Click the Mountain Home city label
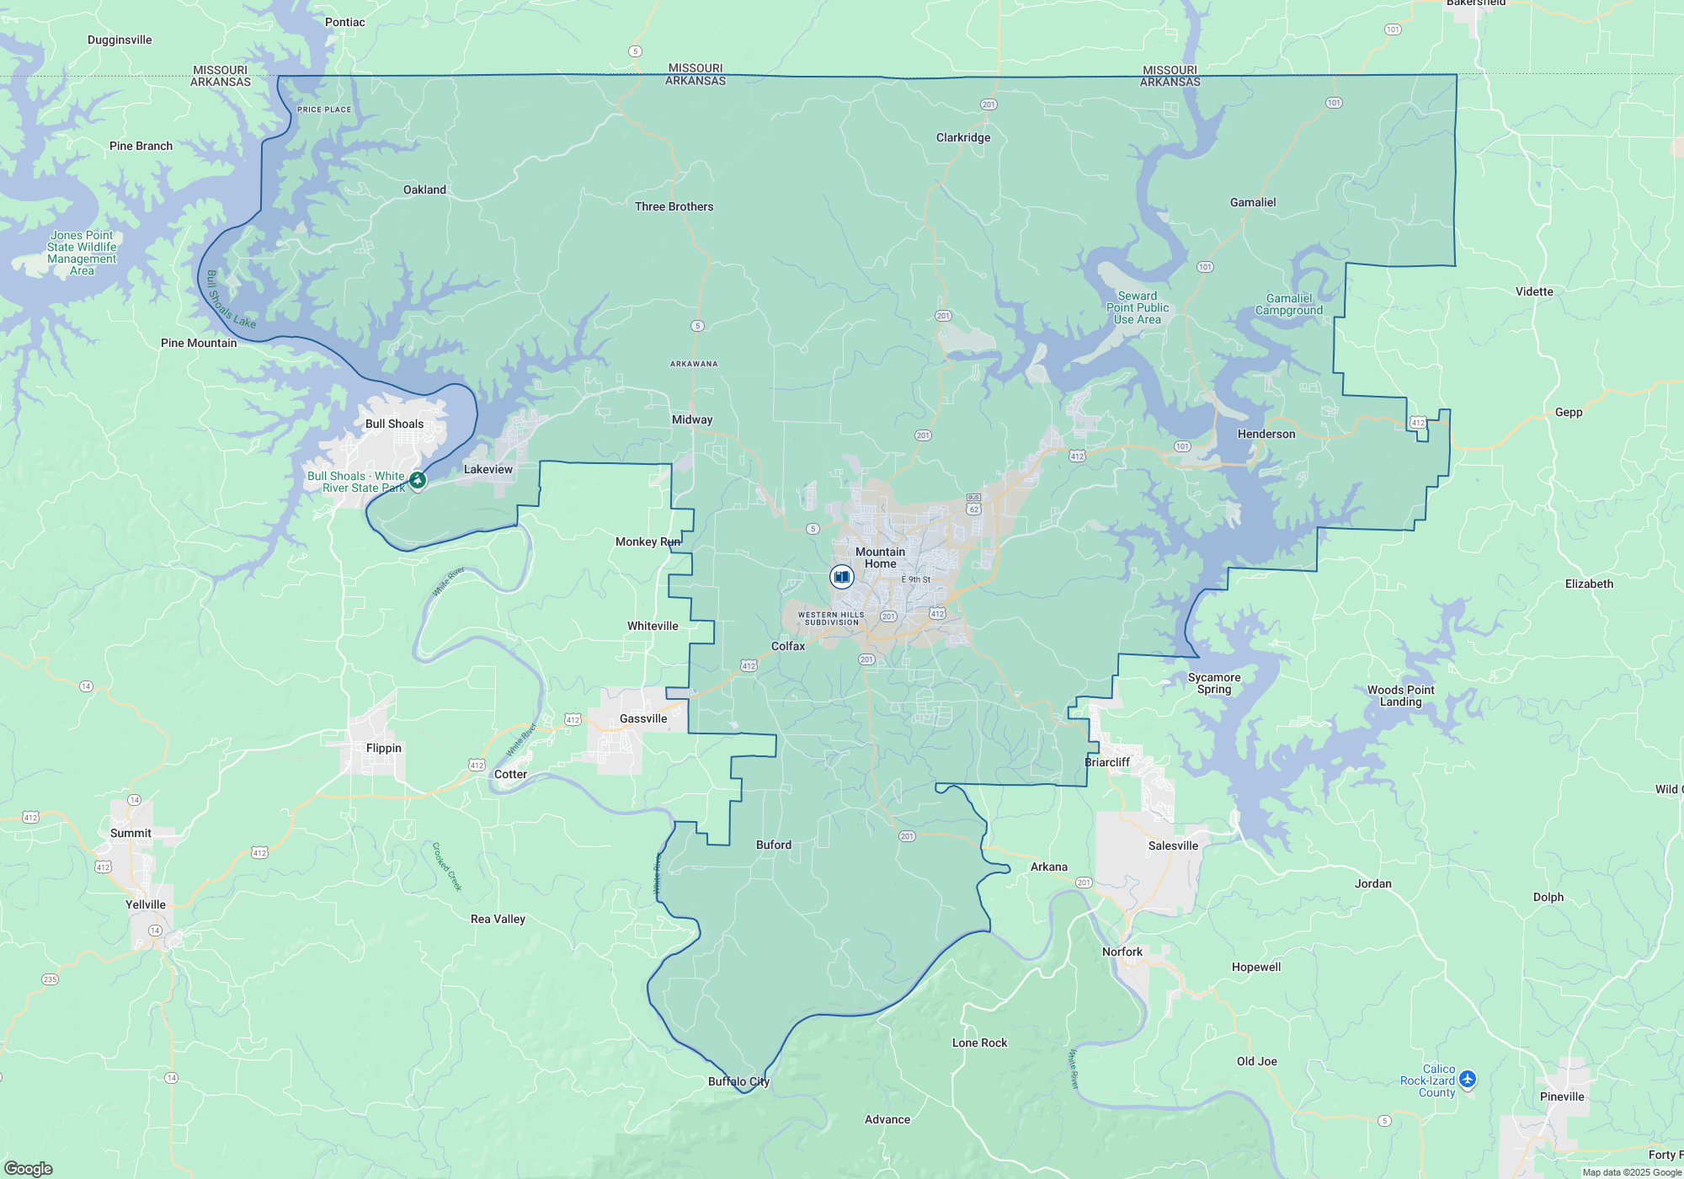[x=880, y=557]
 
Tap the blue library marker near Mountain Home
[x=841, y=577]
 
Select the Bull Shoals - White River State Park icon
[x=418, y=480]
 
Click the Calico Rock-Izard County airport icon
[x=1468, y=1079]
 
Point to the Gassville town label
[x=643, y=718]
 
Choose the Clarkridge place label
[x=963, y=137]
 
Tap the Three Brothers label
[x=674, y=206]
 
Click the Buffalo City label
[x=738, y=1081]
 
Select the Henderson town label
[x=1266, y=434]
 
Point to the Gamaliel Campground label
[x=1289, y=304]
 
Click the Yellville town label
[x=146, y=904]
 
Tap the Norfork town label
[x=1122, y=952]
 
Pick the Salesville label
[x=1173, y=846]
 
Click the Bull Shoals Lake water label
[x=230, y=300]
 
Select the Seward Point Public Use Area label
[x=1138, y=307]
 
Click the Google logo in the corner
[x=29, y=1168]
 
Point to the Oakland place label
[x=424, y=189]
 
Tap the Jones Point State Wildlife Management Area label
[x=82, y=253]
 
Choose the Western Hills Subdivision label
[x=831, y=618]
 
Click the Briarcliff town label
[x=1107, y=762]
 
